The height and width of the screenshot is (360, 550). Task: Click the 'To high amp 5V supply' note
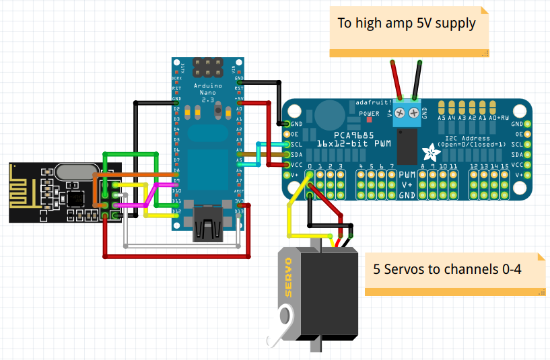click(x=407, y=24)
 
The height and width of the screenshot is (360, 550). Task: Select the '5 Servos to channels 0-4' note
click(x=448, y=269)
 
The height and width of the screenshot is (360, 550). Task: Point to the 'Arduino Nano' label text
click(x=208, y=91)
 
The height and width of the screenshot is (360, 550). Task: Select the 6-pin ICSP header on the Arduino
click(x=208, y=67)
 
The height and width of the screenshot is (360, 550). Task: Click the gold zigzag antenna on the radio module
click(x=23, y=192)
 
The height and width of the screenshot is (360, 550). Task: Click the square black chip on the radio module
click(x=75, y=198)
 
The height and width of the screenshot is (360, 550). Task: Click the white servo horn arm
click(x=281, y=326)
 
